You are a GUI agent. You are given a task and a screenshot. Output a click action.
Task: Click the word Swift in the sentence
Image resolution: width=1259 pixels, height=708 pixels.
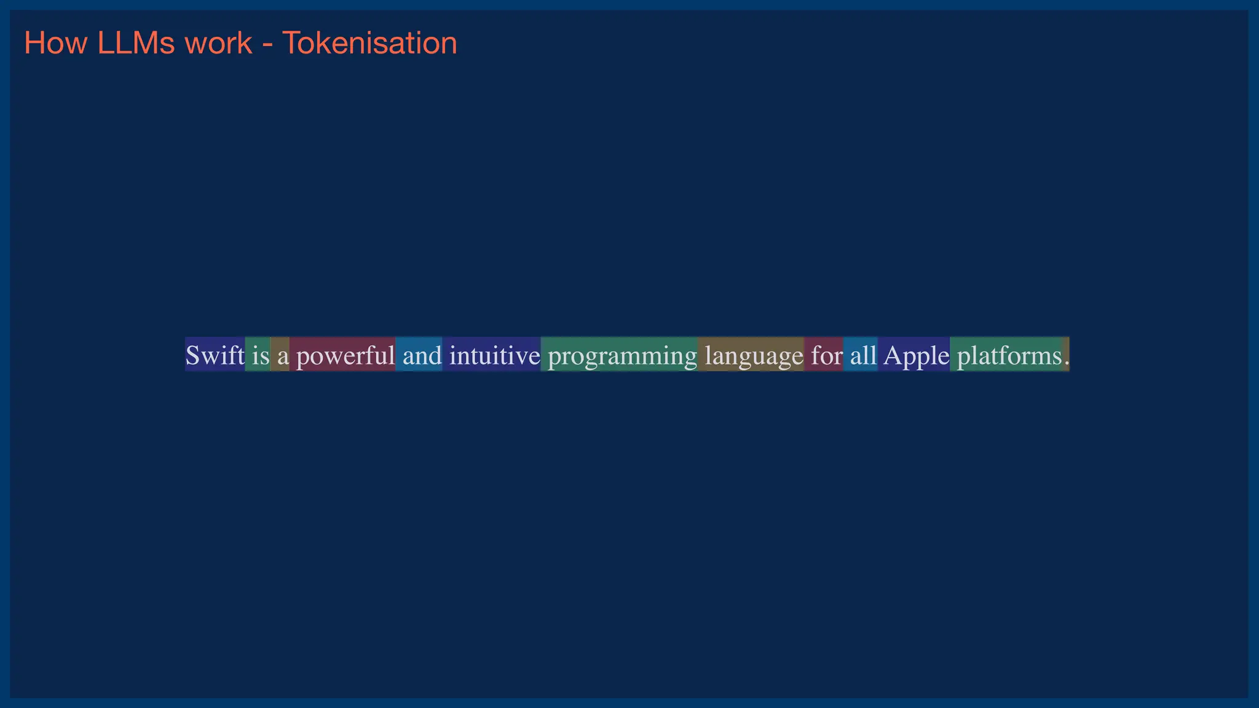[x=215, y=355]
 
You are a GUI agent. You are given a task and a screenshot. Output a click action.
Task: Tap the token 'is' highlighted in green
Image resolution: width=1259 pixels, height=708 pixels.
[x=260, y=355]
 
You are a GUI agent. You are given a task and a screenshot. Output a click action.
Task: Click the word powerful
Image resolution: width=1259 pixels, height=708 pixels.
[x=345, y=355]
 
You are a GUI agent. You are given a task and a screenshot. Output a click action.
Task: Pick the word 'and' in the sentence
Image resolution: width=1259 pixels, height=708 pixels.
[x=422, y=355]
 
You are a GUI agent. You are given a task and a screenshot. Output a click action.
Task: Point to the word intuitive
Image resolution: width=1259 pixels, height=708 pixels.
[x=494, y=355]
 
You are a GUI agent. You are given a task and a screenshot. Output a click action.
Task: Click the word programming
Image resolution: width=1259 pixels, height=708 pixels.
[x=622, y=355]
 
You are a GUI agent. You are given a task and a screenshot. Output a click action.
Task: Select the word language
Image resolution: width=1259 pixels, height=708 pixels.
[x=754, y=355]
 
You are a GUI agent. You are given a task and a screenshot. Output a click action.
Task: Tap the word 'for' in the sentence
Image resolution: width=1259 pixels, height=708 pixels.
[x=826, y=355]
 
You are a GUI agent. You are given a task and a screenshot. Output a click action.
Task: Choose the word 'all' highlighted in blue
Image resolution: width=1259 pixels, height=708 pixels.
[x=863, y=355]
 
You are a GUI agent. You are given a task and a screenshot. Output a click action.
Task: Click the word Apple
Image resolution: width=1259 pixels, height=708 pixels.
[x=916, y=355]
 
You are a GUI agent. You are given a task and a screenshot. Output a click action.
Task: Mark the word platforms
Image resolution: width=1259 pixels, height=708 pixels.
[x=1009, y=355]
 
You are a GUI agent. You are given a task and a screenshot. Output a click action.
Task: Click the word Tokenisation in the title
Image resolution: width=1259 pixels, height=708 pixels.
[x=369, y=44]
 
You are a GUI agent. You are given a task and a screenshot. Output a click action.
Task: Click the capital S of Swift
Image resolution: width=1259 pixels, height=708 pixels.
[x=192, y=355]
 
